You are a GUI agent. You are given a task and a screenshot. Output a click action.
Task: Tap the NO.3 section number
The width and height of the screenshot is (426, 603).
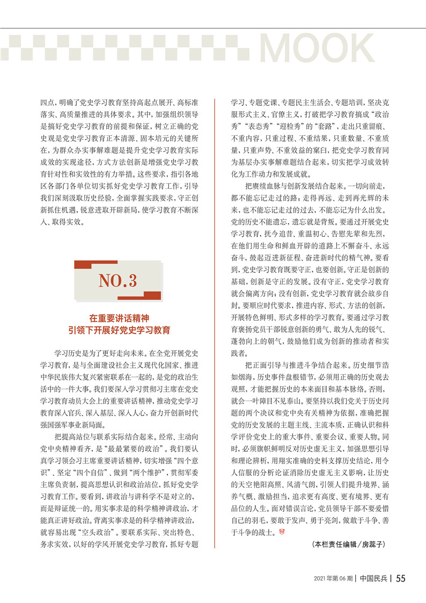click(x=117, y=280)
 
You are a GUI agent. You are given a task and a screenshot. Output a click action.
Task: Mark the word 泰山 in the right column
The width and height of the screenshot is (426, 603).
click(x=307, y=403)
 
